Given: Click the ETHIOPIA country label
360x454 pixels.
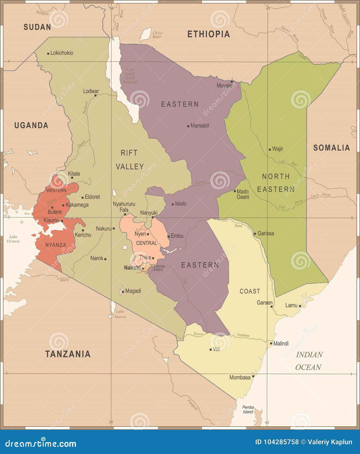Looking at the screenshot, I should [x=208, y=34].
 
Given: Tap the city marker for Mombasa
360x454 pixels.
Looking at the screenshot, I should [x=253, y=376].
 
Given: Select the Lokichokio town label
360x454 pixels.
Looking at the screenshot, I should [x=62, y=53].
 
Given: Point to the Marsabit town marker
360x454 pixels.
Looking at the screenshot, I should [x=188, y=126].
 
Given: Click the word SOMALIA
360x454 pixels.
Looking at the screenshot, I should [x=332, y=148].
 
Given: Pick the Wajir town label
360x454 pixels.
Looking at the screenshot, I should [x=278, y=149].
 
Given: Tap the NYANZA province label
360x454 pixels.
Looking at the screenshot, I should [x=56, y=245].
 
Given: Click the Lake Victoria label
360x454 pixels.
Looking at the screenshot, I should [x=13, y=239].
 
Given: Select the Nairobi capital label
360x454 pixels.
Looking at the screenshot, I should [x=132, y=268].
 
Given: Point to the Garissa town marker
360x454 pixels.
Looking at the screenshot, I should [x=255, y=233].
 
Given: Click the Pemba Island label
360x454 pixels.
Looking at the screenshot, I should [x=248, y=409].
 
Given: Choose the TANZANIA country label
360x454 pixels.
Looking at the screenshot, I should [x=68, y=354].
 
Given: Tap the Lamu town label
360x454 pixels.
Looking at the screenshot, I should [x=291, y=305].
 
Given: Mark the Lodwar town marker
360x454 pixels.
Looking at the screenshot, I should [x=95, y=95].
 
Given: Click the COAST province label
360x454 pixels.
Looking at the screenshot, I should [x=250, y=291].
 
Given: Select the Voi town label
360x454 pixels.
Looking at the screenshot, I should [x=216, y=349].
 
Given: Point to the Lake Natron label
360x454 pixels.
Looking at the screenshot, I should [x=120, y=314].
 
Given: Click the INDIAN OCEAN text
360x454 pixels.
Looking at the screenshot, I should [x=309, y=361].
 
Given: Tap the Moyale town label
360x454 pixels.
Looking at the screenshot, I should [x=224, y=85].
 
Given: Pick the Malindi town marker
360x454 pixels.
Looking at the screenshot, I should [x=271, y=343].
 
